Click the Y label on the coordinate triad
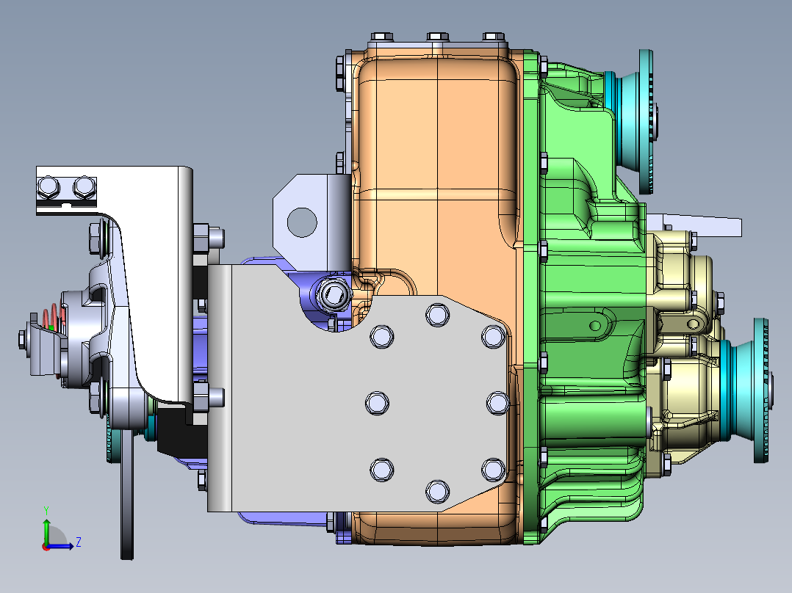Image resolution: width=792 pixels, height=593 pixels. click(x=46, y=509)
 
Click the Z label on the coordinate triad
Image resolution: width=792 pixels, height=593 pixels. click(x=78, y=542)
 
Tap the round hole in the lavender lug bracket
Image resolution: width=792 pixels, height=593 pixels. click(x=300, y=221)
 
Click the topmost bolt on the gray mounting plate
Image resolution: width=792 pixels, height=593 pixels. click(x=436, y=315)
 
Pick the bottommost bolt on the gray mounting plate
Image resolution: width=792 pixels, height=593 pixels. click(x=436, y=490)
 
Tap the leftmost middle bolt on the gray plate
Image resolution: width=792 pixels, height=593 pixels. click(x=376, y=402)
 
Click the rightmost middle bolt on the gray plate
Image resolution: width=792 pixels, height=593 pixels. click(x=497, y=402)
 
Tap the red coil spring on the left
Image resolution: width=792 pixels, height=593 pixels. click(x=51, y=318)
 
